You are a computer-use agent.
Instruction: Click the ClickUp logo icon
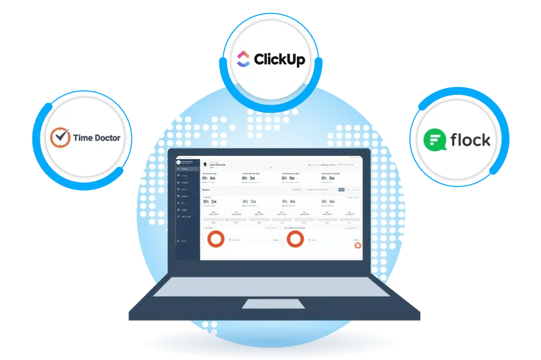click(243, 59)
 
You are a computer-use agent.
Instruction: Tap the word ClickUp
click(279, 59)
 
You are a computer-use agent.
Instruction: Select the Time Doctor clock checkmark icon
click(60, 137)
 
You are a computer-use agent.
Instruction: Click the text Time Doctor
click(97, 138)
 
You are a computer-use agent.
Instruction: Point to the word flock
click(470, 140)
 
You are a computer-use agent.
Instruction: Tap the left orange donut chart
click(216, 239)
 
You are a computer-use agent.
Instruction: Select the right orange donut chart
click(295, 239)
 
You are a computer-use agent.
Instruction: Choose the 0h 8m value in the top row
click(328, 178)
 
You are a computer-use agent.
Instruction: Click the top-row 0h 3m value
click(248, 178)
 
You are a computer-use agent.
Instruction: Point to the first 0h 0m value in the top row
click(209, 178)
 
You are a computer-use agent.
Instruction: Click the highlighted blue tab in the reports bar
click(341, 189)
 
